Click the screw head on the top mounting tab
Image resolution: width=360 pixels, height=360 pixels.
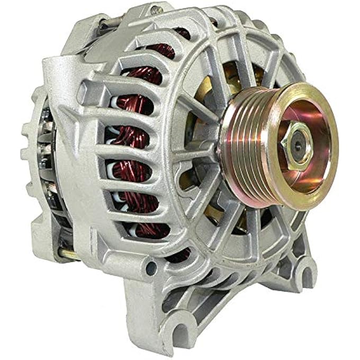[x=154, y=9]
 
